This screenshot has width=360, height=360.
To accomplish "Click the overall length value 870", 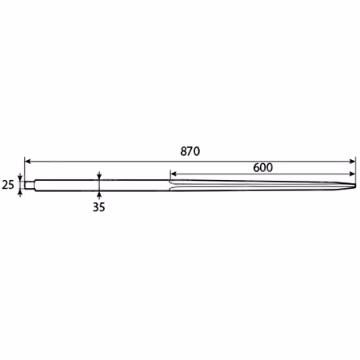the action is [190, 151].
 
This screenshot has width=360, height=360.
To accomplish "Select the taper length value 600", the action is [262, 167].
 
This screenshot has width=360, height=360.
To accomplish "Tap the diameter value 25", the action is [8, 185].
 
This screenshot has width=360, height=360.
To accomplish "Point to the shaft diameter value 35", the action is [99, 207].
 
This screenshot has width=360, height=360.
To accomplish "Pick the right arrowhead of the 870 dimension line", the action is [352, 161].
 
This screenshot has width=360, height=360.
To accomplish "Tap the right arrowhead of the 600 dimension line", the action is [352, 174].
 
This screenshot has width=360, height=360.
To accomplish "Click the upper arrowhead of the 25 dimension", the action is [20, 178].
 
